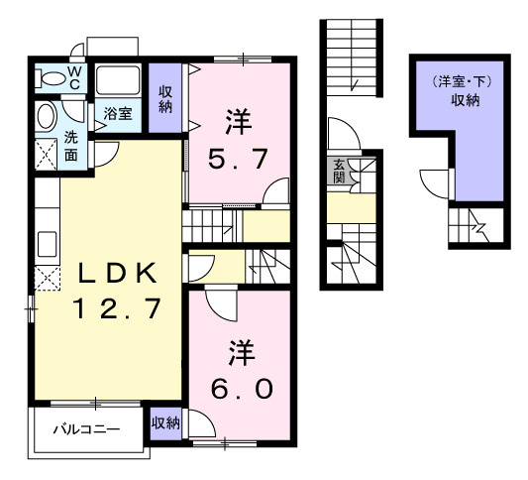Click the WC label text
pos(74,78)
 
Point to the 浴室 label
pos(118,113)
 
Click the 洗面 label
pos(72,146)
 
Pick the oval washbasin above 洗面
pos(46,117)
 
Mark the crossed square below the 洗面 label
pos(46,154)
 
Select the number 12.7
pos(105,309)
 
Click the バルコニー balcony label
pos(86,429)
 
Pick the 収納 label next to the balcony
pos(165,423)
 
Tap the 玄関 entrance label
pos(339,172)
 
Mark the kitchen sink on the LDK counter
pos(44,241)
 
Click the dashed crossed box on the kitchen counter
pos(44,279)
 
